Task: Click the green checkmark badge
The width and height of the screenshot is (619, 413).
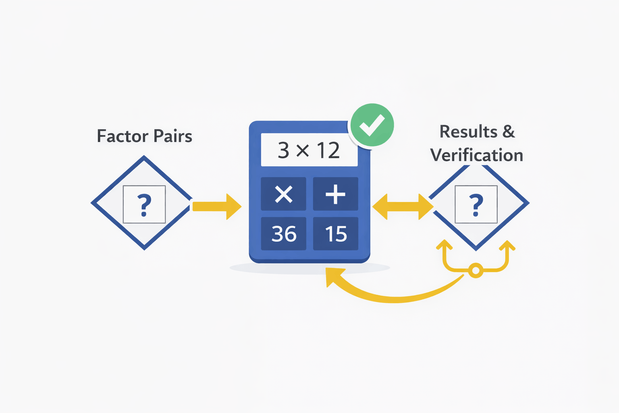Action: pos(372,125)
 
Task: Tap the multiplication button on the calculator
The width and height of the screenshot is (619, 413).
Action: pos(283,194)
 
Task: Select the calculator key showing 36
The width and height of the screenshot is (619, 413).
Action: pos(284,234)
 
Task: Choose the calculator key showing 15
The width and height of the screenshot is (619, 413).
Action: pos(336,234)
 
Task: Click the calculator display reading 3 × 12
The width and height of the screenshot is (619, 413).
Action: pos(309,150)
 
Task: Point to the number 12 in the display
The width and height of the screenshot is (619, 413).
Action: pos(328,150)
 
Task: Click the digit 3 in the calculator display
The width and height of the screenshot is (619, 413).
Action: pos(283,150)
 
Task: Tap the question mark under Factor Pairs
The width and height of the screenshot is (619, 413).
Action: pos(144,204)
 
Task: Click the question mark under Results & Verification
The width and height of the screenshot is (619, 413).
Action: pos(476,204)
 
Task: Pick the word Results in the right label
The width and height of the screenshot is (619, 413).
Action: pos(468,131)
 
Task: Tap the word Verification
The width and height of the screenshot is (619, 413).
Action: pos(476,155)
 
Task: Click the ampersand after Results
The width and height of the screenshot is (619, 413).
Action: pos(509,131)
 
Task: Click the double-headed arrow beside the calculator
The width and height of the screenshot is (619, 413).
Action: pos(403,206)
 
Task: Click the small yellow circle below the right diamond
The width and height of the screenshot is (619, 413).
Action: pos(476,270)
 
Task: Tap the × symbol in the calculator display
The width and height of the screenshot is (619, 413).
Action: pos(302,150)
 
